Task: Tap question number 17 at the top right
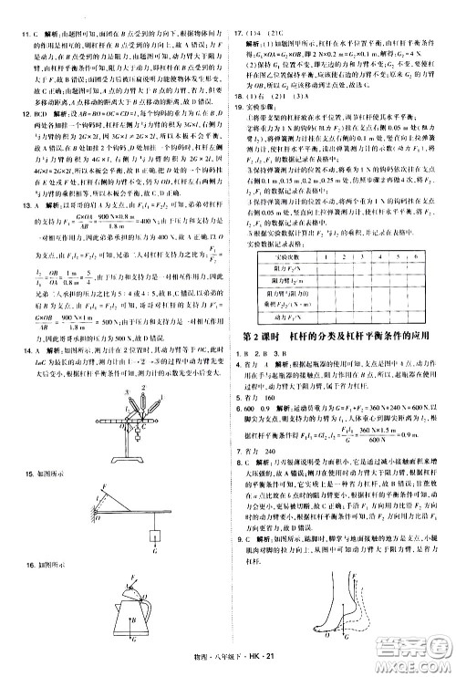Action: pyautogui.click(x=239, y=10)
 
